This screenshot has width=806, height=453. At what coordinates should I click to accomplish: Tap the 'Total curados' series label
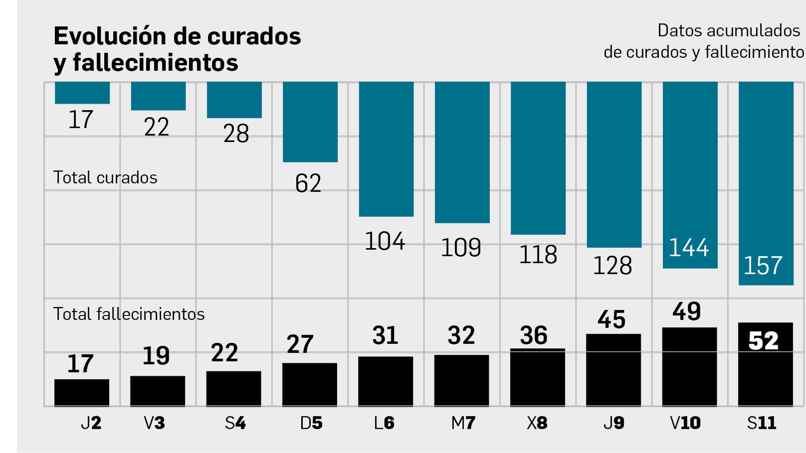click(105, 178)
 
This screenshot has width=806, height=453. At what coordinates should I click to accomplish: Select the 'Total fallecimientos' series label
click(129, 314)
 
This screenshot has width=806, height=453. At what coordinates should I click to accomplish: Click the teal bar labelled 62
click(310, 122)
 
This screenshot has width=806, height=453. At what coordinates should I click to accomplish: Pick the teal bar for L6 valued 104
click(386, 149)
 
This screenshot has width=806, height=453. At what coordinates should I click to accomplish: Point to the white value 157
click(763, 266)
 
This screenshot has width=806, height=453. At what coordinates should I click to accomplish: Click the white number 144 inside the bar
click(689, 248)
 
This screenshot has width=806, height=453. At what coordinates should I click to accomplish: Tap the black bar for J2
click(82, 393)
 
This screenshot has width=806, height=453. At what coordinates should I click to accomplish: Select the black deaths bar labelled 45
click(614, 369)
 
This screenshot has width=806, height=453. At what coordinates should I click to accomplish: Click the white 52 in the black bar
click(764, 341)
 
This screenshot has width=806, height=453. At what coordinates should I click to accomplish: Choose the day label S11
click(762, 423)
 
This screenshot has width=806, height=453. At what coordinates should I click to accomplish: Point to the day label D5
click(311, 423)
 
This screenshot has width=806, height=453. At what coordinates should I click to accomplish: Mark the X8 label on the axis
click(537, 423)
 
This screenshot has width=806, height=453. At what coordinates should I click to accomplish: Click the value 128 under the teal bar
click(612, 266)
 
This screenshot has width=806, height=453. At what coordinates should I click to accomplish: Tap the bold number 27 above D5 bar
click(300, 345)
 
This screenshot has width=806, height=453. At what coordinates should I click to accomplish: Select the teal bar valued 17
click(82, 93)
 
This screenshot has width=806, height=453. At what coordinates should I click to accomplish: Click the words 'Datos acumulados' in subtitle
click(728, 31)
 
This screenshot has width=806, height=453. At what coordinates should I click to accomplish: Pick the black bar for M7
click(461, 380)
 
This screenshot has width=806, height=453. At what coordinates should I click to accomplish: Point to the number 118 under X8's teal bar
click(538, 255)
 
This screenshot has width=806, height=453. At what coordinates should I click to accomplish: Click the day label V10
click(685, 423)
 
